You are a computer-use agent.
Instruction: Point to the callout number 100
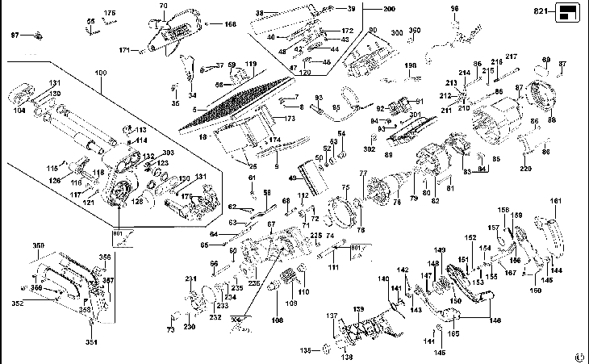tap(101, 73)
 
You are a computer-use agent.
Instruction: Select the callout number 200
tap(390, 8)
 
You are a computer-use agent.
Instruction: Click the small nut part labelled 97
tap(38, 36)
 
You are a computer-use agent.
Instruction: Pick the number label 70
tap(162, 6)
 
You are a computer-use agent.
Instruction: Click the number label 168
tap(231, 25)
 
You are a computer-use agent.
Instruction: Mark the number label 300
tap(397, 32)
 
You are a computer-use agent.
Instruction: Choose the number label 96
tap(454, 8)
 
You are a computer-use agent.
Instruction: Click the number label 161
tap(556, 200)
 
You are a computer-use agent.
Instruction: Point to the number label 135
tap(305, 351)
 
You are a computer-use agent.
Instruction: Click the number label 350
tap(38, 245)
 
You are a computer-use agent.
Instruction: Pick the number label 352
tap(17, 304)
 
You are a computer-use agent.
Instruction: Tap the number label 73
tap(170, 330)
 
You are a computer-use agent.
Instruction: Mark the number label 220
tap(526, 168)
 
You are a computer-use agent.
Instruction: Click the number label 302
tap(369, 149)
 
